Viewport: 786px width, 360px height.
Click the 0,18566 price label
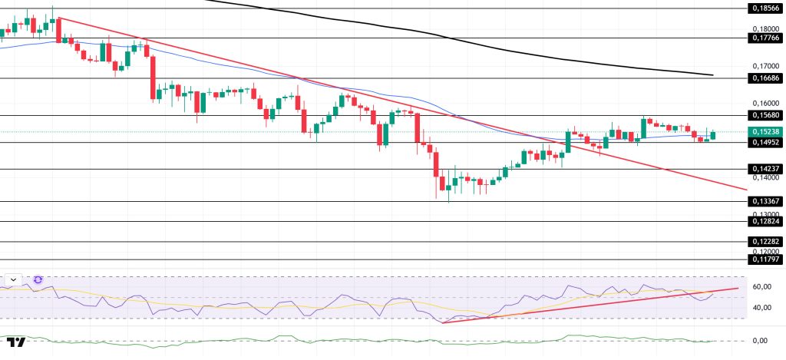click(766, 8)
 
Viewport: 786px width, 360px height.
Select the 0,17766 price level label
click(766, 38)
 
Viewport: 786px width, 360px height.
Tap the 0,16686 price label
click(766, 78)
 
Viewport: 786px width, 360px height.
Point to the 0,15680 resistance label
click(766, 115)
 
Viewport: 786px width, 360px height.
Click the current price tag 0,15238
click(766, 131)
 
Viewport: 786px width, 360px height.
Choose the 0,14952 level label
click(766, 141)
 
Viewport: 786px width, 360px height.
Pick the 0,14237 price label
click(766, 169)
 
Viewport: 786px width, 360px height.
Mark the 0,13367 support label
click(766, 201)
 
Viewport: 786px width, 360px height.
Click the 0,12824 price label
click(766, 221)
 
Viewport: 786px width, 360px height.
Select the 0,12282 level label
click(766, 241)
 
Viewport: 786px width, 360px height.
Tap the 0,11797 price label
click(766, 259)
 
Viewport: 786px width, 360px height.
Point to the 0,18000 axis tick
click(766, 28)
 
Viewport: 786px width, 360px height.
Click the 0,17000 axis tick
click(766, 66)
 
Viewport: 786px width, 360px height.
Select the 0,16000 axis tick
click(766, 103)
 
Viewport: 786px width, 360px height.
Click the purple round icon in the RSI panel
click(38, 279)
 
